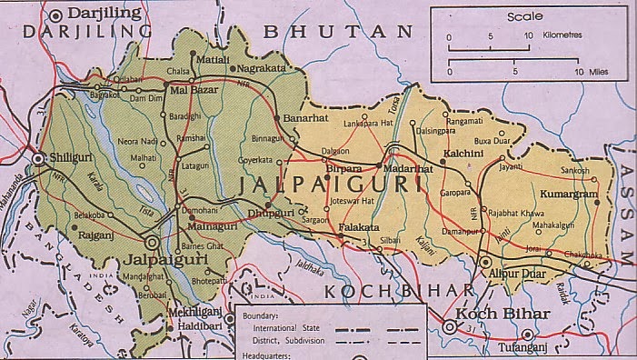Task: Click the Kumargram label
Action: [570, 195]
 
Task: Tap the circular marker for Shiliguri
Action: [39, 158]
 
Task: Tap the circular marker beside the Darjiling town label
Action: [58, 14]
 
